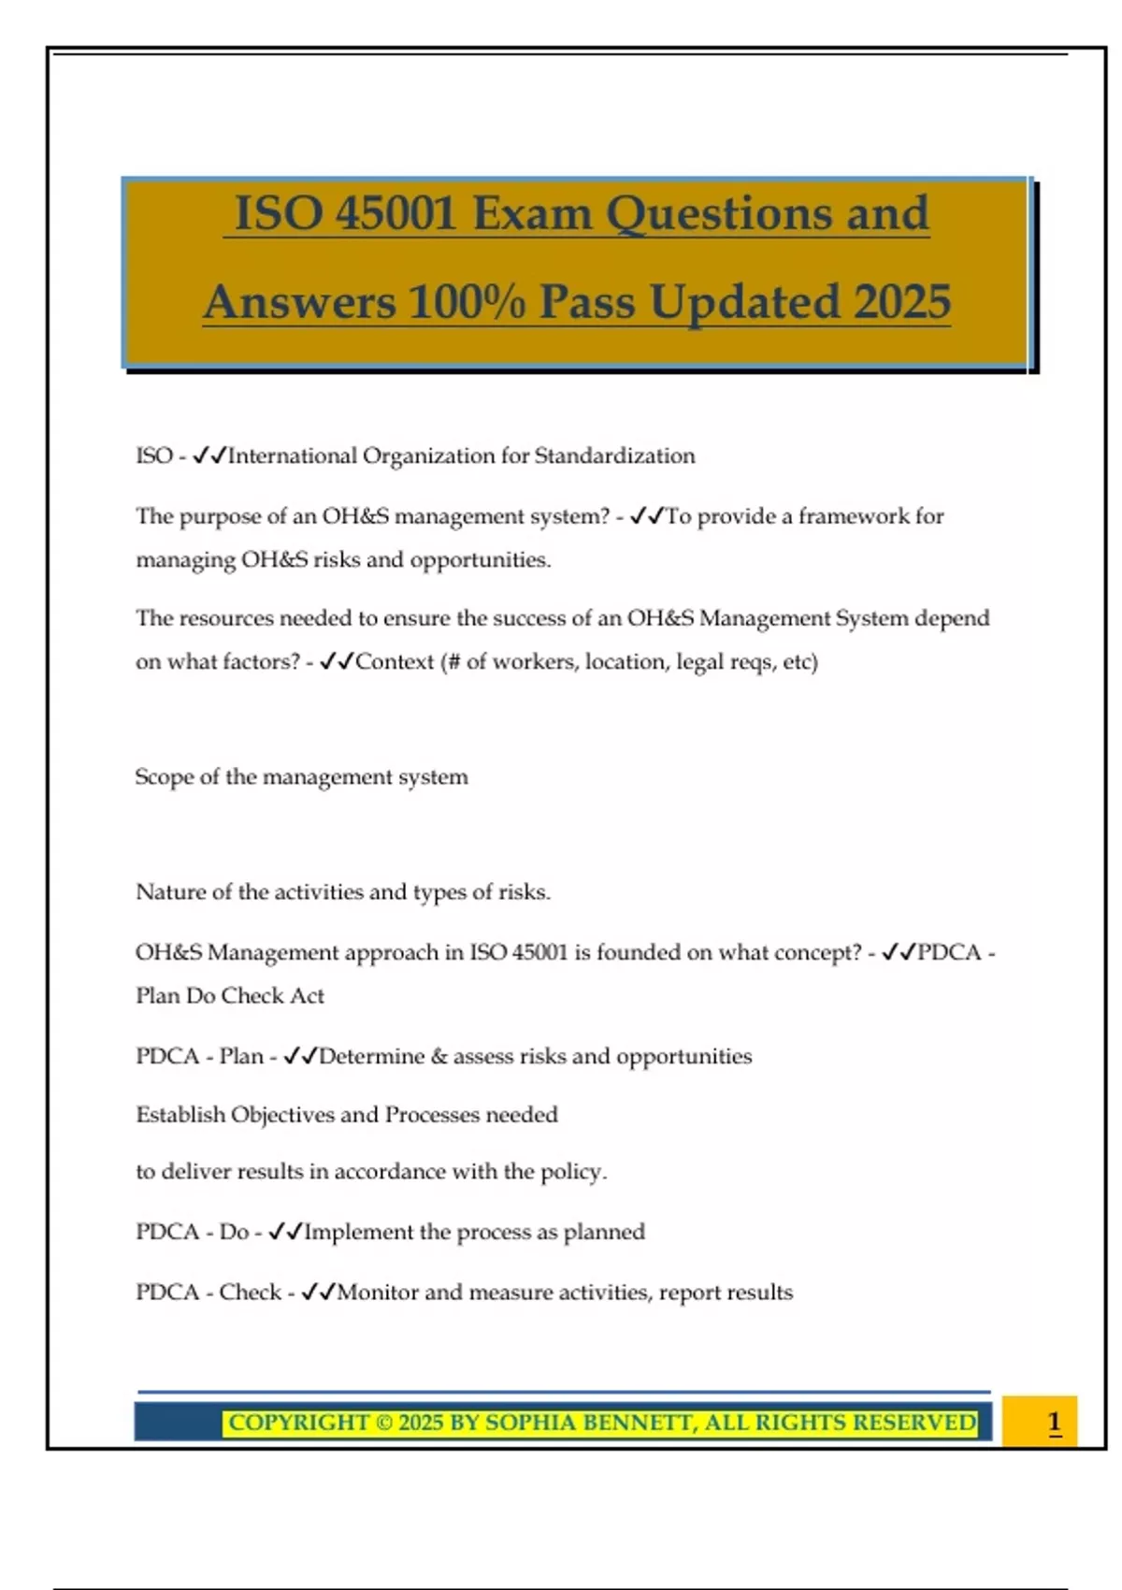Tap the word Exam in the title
[532, 213]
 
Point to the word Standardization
[614, 456]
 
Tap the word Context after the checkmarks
[395, 662]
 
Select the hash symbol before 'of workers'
[453, 662]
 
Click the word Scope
[163, 777]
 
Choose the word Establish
[180, 1115]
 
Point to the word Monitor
[377, 1293]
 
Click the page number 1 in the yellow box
[1054, 1423]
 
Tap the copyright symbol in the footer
[383, 1424]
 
